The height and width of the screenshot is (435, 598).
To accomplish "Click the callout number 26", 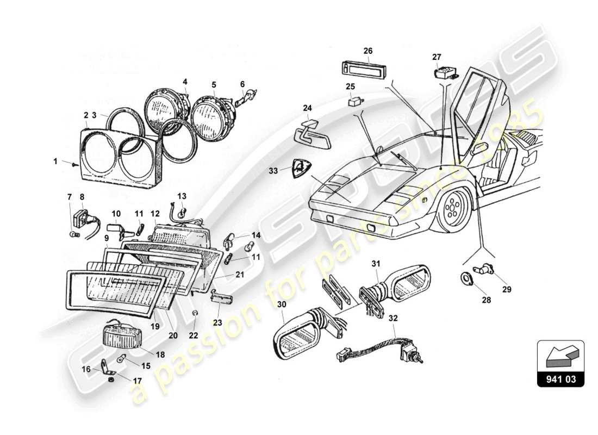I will tap(368, 51).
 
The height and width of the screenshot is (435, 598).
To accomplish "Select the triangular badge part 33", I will tap(297, 169).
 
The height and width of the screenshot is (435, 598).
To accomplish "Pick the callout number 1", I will tap(55, 161).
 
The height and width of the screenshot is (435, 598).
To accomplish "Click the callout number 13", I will tap(182, 196).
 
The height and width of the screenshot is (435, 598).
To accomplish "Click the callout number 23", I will tap(217, 322).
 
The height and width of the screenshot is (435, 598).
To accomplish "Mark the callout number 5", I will tap(214, 85).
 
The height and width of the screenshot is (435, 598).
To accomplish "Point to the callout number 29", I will tap(506, 290).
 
